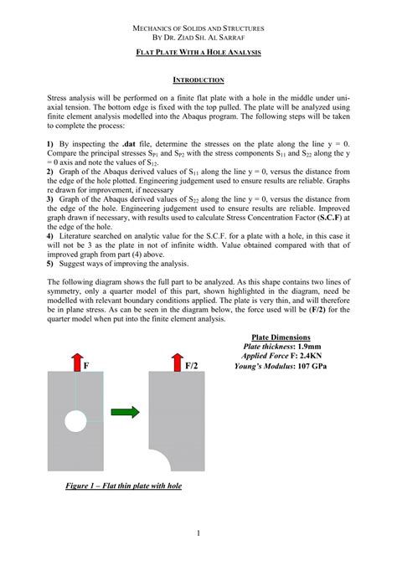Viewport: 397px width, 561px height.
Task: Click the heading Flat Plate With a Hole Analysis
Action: [198, 53]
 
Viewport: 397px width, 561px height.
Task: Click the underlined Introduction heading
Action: [198, 80]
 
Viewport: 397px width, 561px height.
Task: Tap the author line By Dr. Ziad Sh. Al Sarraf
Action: [198, 39]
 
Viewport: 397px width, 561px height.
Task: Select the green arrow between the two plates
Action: [126, 411]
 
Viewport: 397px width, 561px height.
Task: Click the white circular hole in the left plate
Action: [76, 418]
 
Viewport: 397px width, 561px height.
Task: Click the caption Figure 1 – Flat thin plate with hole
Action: [124, 486]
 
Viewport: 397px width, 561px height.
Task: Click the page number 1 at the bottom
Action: [198, 533]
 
